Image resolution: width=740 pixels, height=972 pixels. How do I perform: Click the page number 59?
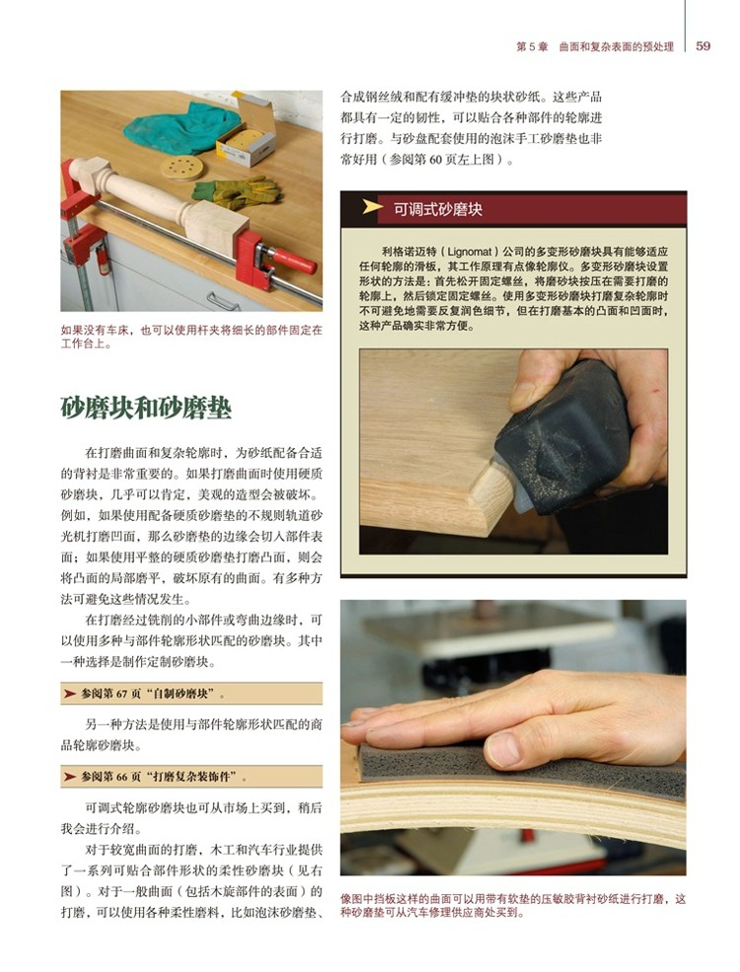point(703,45)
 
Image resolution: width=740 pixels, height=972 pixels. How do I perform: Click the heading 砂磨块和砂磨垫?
point(146,408)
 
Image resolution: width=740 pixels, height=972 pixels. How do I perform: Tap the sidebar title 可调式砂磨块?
point(437,209)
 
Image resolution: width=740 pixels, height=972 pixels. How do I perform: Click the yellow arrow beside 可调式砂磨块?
point(372,207)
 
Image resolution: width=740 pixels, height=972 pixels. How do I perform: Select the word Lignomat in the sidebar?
point(470,252)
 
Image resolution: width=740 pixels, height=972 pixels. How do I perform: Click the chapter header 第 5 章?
point(533,46)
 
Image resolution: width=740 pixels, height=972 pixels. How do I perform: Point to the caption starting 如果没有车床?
point(191,336)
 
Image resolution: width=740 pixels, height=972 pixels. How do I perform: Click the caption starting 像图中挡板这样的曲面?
point(513,905)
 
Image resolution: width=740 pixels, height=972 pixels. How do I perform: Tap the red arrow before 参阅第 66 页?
point(70,777)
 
